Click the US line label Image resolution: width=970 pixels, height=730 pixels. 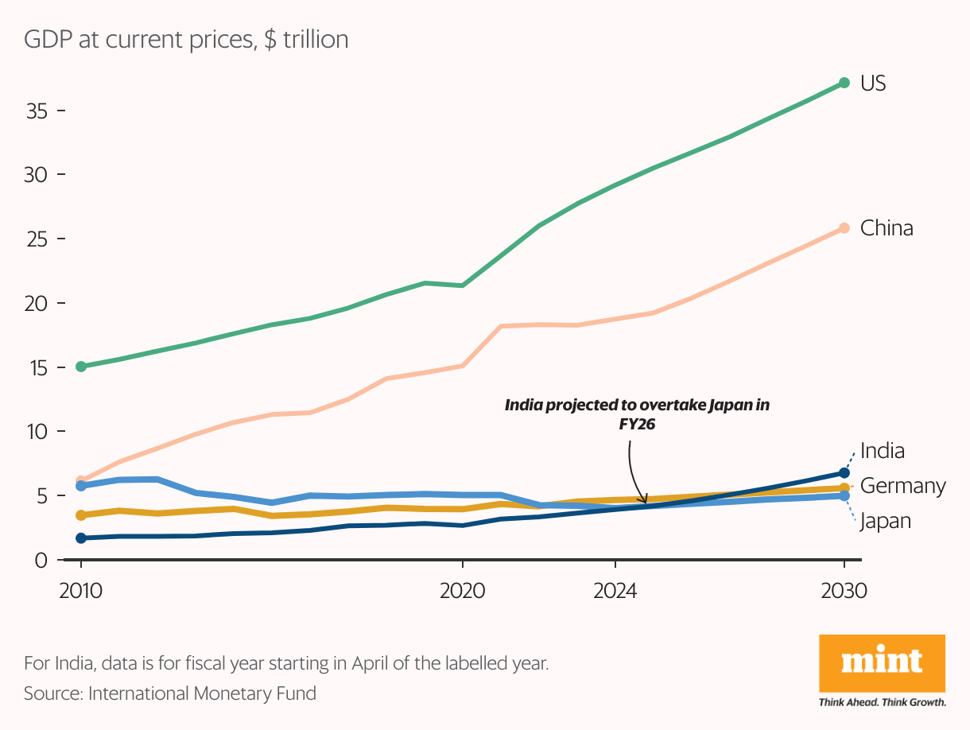pyautogui.click(x=873, y=83)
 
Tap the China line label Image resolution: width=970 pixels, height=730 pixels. pyautogui.click(x=887, y=228)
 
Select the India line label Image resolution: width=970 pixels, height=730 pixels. pyautogui.click(x=883, y=451)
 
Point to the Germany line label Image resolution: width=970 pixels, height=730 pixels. pyautogui.click(x=903, y=486)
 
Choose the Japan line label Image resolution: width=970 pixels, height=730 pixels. pyautogui.click(x=885, y=521)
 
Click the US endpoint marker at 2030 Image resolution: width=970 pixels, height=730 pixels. pyautogui.click(x=844, y=83)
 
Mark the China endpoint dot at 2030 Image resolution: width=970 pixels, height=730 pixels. pyautogui.click(x=844, y=228)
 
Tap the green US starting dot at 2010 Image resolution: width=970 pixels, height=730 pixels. pyautogui.click(x=81, y=367)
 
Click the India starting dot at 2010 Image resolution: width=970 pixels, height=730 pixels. pyautogui.click(x=81, y=538)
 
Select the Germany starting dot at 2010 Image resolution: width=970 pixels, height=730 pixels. pyautogui.click(x=81, y=515)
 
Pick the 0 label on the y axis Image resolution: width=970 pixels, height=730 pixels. pyautogui.click(x=41, y=561)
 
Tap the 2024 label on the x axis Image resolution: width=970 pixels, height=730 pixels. pyautogui.click(x=615, y=592)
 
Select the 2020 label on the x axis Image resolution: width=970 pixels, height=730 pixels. pyautogui.click(x=463, y=592)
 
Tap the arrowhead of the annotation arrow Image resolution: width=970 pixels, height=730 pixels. pyautogui.click(x=644, y=500)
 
